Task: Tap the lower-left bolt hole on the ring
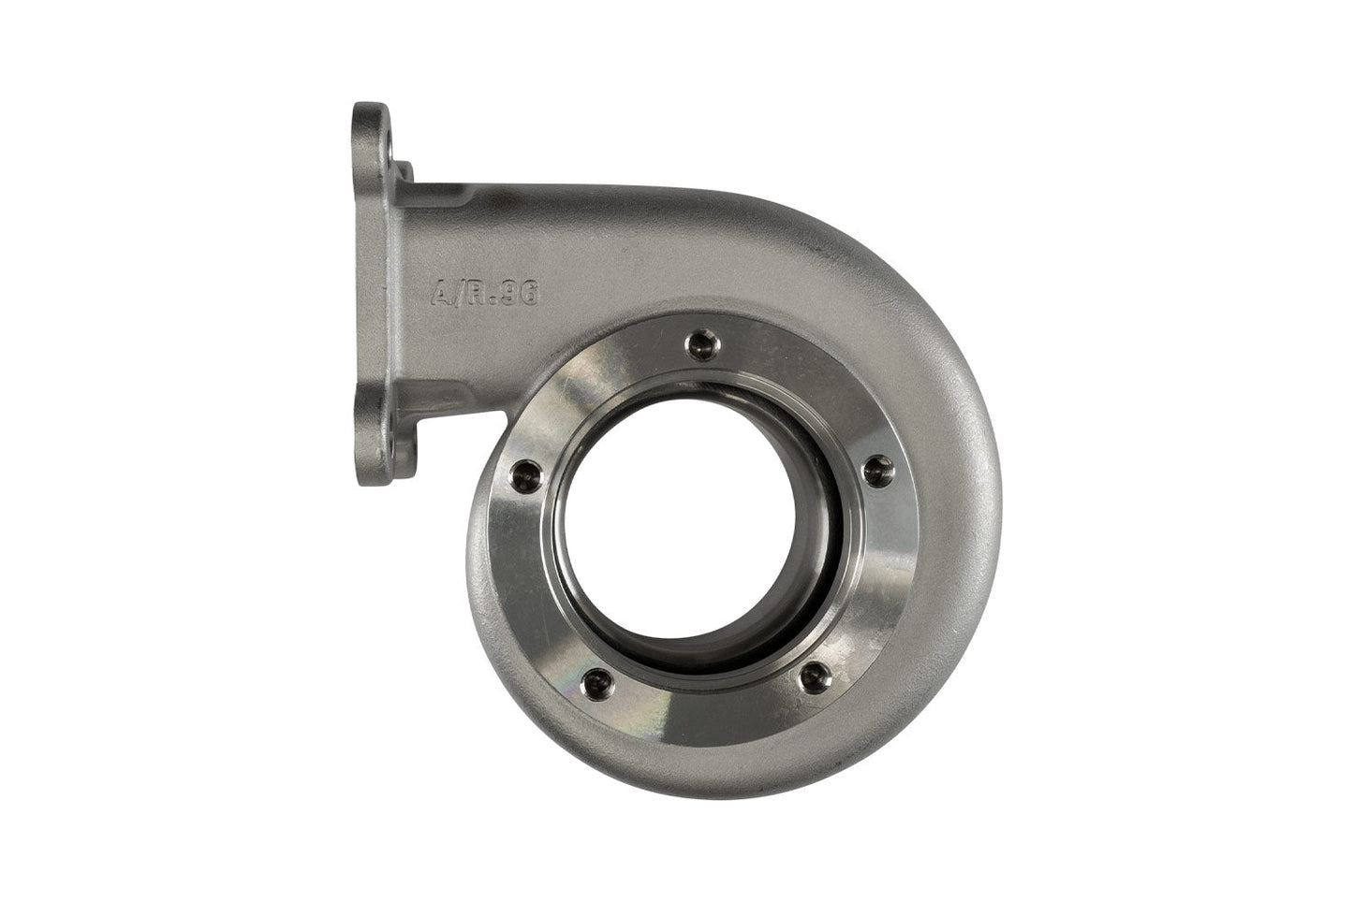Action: click(590, 679)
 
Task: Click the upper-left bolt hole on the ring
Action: click(521, 476)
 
